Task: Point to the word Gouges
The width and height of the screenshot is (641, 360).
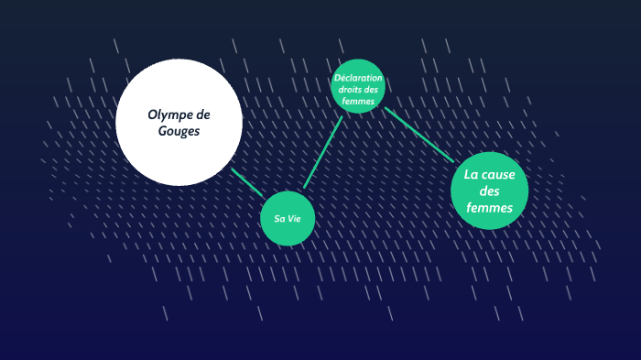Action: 179,131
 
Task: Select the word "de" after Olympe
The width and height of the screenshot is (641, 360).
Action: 202,115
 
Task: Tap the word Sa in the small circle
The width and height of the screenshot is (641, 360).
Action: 278,219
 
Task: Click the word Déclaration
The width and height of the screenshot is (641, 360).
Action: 357,78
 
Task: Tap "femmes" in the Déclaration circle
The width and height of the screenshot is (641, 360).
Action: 358,102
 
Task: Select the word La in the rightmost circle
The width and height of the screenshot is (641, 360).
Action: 472,174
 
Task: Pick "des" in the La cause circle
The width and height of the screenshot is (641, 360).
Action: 491,191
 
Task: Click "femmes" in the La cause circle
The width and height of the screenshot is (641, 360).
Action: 490,208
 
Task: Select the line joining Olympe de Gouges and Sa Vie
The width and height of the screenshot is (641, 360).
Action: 247,182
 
